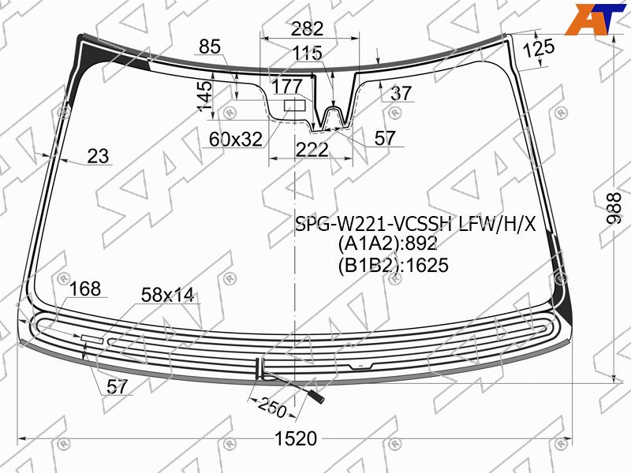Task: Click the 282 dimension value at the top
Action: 307,28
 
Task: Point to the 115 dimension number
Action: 307,53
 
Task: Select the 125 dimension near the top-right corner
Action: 539,48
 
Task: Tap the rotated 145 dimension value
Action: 205,95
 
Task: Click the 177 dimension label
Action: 287,86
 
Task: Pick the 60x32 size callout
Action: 236,140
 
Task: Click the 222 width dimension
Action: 312,150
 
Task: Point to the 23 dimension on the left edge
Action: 98,156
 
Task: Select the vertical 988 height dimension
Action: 614,208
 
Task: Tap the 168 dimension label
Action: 85,289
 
